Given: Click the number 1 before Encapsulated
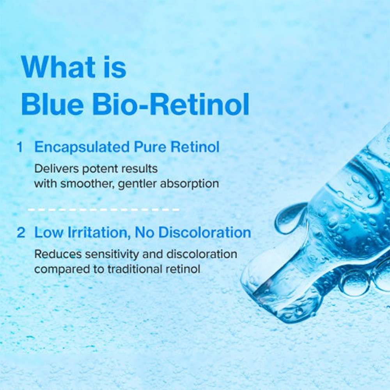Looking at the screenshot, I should [20, 147].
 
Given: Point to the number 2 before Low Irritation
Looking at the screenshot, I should [21, 233].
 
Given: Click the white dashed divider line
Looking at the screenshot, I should [103, 210].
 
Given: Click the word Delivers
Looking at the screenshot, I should [51, 169].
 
